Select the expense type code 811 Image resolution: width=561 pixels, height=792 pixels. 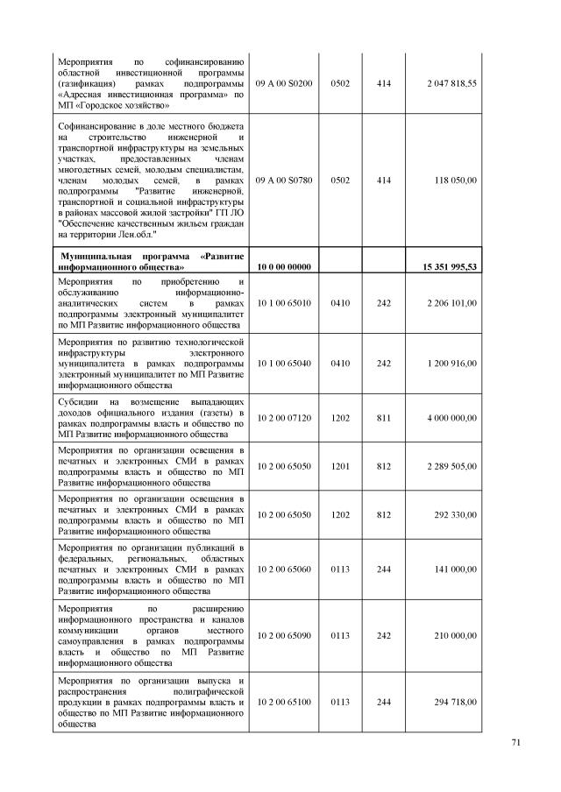384,418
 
